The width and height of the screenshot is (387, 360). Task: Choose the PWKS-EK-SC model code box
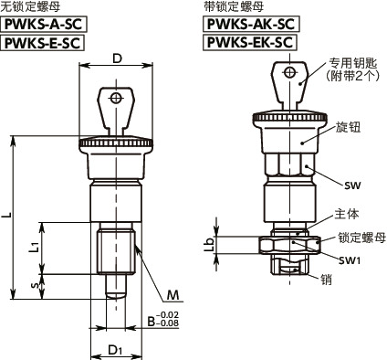tap(249, 43)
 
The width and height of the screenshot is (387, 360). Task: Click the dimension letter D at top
tap(117, 58)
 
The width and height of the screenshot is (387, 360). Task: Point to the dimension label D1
tap(115, 349)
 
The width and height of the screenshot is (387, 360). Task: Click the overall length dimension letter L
tap(8, 215)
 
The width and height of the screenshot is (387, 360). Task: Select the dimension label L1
tap(34, 246)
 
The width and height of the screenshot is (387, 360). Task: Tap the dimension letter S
tap(34, 285)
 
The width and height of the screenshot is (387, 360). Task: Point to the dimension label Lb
tap(208, 241)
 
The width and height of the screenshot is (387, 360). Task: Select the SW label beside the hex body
tap(354, 185)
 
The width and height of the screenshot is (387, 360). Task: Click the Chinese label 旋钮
tap(348, 127)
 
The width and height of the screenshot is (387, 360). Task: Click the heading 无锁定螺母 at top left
tap(28, 7)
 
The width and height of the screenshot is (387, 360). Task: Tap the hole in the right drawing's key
tap(289, 73)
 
